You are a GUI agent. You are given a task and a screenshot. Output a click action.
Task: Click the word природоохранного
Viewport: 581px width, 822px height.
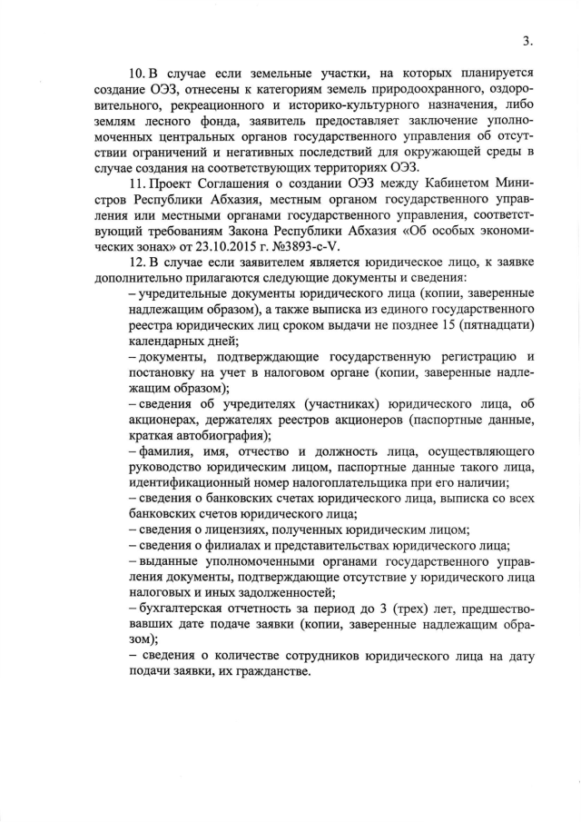pyautogui.click(x=409, y=88)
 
